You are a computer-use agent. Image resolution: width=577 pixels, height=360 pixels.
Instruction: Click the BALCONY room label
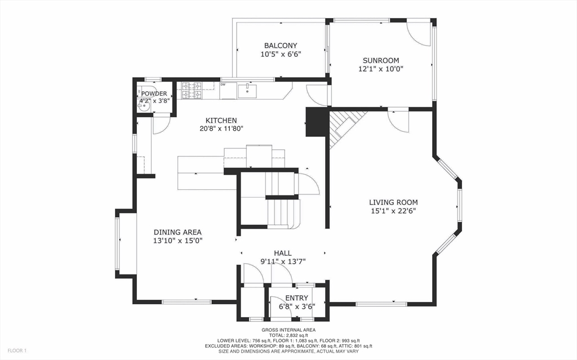click(281, 46)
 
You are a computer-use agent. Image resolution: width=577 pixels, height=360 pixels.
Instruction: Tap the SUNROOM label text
click(381, 60)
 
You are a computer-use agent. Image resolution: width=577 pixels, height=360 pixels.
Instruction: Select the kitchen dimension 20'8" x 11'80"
click(221, 128)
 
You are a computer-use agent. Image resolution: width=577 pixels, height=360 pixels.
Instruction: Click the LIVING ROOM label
click(393, 202)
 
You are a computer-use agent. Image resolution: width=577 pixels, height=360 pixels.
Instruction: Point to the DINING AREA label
click(177, 232)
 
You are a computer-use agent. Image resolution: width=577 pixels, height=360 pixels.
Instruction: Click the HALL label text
click(283, 253)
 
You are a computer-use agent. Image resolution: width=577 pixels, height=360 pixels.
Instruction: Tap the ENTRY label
click(296, 298)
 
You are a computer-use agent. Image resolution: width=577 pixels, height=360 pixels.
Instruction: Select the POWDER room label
click(154, 94)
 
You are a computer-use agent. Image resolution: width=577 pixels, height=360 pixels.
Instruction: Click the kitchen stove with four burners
click(192, 91)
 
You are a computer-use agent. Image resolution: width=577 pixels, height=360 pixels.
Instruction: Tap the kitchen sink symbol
click(247, 91)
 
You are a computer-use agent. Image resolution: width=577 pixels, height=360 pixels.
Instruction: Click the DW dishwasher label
click(223, 85)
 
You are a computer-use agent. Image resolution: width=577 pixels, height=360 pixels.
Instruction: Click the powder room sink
click(144, 106)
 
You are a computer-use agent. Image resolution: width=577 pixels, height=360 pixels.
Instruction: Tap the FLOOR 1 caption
click(17, 350)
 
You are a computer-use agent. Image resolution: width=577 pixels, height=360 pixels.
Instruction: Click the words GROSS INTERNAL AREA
click(288, 330)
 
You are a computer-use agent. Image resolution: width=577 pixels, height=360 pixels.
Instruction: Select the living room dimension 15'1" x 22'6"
click(393, 211)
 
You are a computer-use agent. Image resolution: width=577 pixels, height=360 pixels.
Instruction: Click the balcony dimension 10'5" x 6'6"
click(281, 55)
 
